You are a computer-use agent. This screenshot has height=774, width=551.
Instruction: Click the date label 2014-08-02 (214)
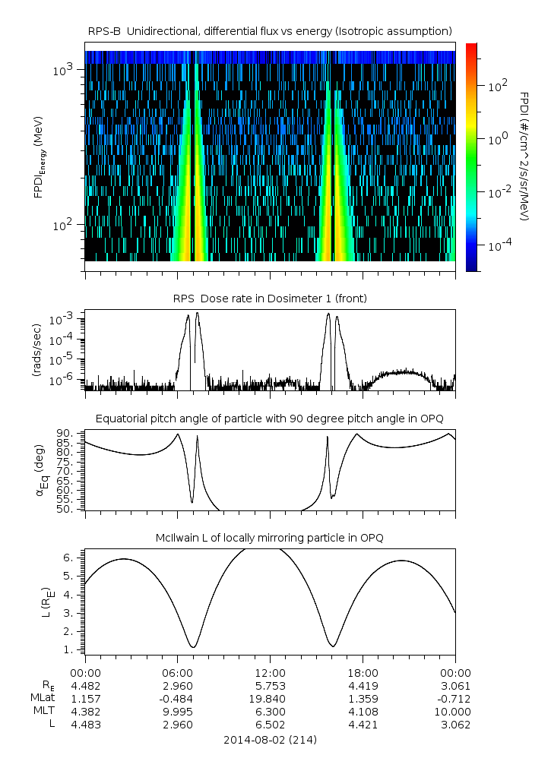pyautogui.click(x=270, y=740)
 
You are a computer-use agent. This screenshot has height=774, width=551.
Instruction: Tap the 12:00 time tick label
pyautogui.click(x=270, y=672)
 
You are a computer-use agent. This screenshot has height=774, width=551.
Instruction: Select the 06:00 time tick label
pyautogui.click(x=177, y=672)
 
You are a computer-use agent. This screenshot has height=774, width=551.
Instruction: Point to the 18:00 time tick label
pyautogui.click(x=363, y=672)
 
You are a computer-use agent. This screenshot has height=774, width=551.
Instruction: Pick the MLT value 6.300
pyautogui.click(x=270, y=712)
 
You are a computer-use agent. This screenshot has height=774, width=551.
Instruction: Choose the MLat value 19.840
pyautogui.click(x=270, y=698)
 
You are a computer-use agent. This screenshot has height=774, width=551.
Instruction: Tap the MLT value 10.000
pyautogui.click(x=454, y=712)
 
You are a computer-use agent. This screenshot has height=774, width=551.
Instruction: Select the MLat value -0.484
pyautogui.click(x=177, y=698)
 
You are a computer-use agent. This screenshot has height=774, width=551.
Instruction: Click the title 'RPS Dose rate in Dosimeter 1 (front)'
pyautogui.click(x=270, y=299)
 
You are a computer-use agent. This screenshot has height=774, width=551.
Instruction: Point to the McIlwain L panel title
pyautogui.click(x=270, y=538)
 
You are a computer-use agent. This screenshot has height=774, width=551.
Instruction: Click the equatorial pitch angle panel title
pyautogui.click(x=270, y=419)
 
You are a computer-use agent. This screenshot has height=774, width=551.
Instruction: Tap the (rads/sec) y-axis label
pyautogui.click(x=36, y=350)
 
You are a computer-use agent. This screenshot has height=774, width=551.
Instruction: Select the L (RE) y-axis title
pyautogui.click(x=39, y=600)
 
